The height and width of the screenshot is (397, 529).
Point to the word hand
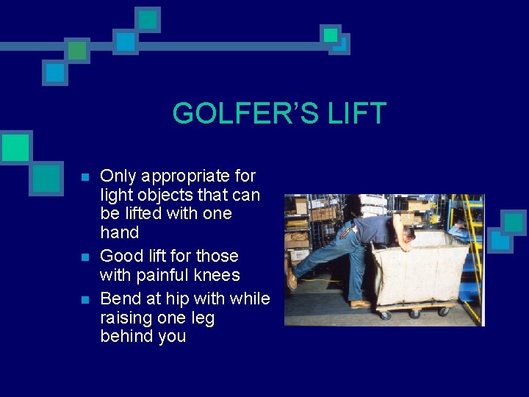point(119,233)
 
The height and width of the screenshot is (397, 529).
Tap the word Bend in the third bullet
point(118,299)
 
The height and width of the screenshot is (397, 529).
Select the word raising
point(128,318)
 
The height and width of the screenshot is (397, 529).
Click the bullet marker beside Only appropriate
point(84,177)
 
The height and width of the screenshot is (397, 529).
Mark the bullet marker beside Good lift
point(84,257)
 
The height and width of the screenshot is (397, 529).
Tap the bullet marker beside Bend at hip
point(84,300)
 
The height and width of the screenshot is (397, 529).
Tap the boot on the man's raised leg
point(292,278)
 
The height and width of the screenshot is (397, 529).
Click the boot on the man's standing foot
point(360,304)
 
